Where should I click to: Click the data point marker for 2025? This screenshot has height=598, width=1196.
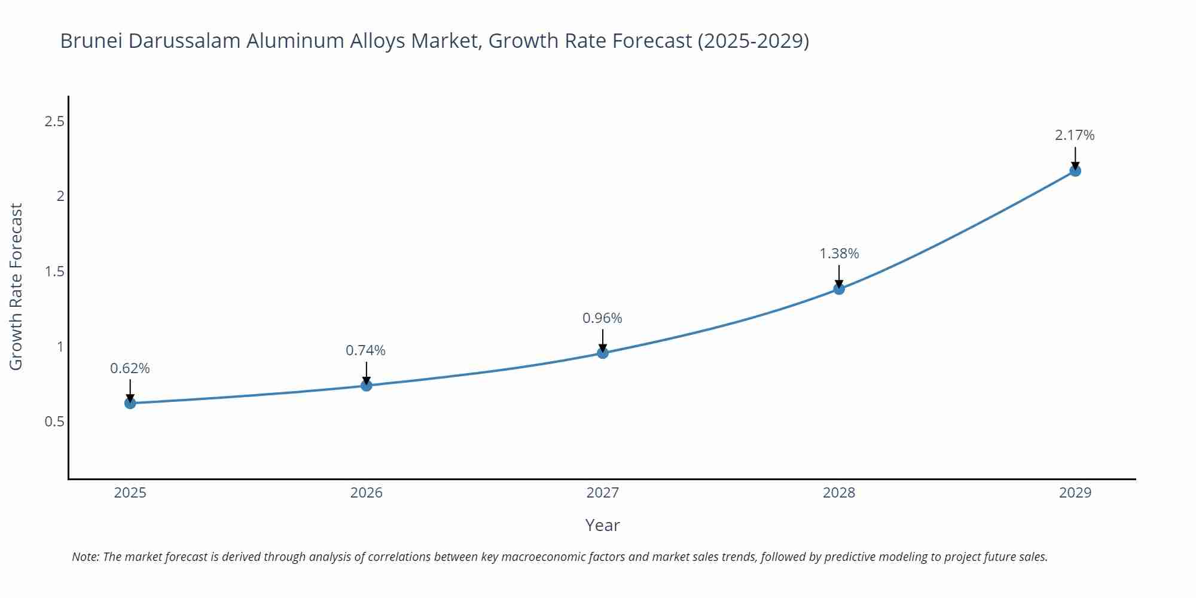click(x=130, y=403)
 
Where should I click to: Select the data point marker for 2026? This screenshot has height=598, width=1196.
click(x=366, y=385)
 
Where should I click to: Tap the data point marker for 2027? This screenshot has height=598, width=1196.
click(x=602, y=353)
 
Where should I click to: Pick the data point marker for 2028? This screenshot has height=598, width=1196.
click(x=839, y=289)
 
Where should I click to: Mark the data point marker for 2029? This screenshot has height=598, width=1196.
click(x=1075, y=170)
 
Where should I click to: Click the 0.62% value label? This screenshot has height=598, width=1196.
click(x=130, y=368)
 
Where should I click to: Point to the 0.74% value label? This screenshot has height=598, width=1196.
click(x=365, y=350)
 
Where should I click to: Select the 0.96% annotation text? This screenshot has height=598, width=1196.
click(x=602, y=318)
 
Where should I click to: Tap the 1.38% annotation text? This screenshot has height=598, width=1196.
click(x=839, y=254)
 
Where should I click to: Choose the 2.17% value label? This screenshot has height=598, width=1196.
click(x=1075, y=135)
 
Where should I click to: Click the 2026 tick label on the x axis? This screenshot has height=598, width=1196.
click(x=366, y=493)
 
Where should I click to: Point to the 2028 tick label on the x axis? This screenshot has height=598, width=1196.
click(x=839, y=493)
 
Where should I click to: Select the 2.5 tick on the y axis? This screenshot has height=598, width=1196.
click(x=54, y=122)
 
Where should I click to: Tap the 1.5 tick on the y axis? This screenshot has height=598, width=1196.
click(x=54, y=272)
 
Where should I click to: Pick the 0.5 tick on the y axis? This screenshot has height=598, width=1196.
click(x=54, y=422)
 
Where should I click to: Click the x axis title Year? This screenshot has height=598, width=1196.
click(x=602, y=525)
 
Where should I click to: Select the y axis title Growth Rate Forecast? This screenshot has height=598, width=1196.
click(x=16, y=286)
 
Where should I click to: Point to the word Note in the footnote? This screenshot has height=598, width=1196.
click(x=85, y=557)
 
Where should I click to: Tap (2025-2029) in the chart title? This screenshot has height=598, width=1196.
click(x=753, y=41)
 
